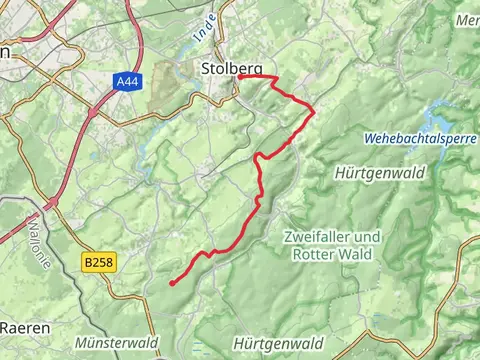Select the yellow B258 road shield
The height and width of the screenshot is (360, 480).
pos(97,261)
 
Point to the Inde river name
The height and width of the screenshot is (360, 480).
pos(200,29)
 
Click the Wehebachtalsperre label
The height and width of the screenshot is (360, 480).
pos(420,138)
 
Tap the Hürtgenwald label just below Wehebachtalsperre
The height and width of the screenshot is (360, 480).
pos(387,172)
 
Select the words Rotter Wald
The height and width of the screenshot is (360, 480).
pos(332,254)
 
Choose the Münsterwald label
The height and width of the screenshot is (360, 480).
pos(116,342)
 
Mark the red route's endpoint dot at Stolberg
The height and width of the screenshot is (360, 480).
pos(241,77)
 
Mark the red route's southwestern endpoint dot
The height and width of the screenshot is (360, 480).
pos(173,284)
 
